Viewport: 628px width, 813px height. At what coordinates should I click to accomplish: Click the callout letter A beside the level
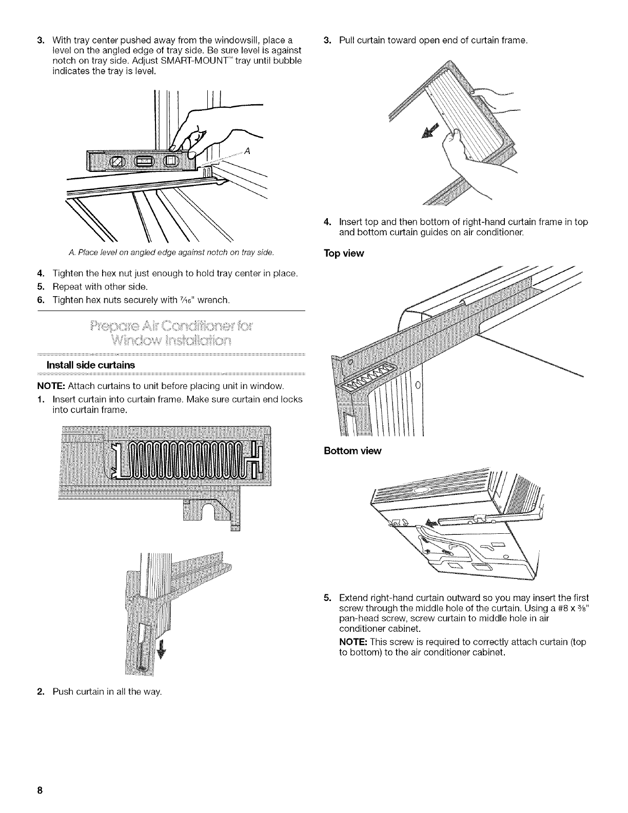pyautogui.click(x=247, y=151)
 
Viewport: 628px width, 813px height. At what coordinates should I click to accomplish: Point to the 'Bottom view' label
pyautogui.click(x=352, y=451)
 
